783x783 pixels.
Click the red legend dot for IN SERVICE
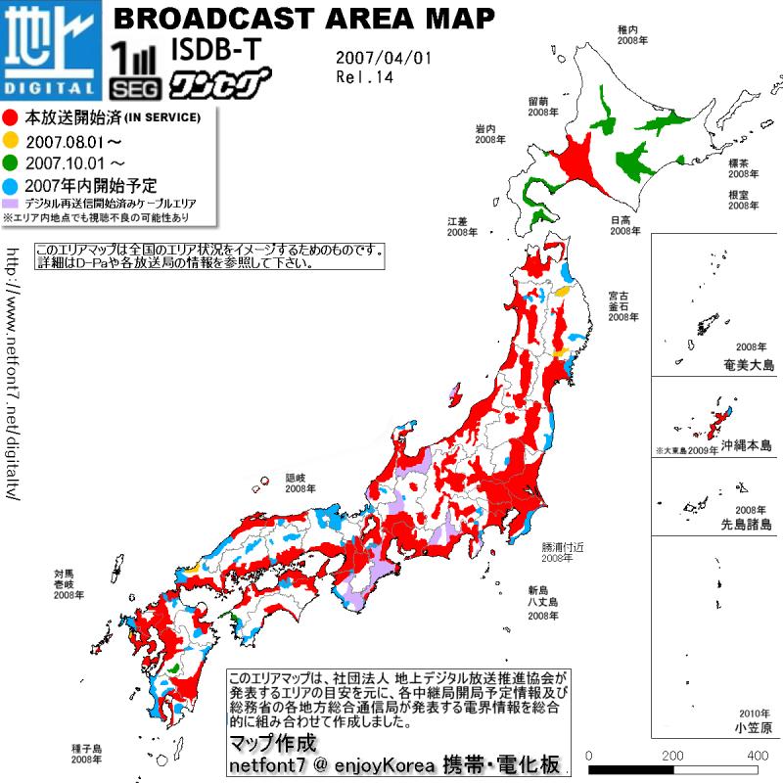click(11, 117)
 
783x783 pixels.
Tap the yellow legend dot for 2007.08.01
click(11, 140)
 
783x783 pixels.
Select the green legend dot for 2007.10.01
click(11, 161)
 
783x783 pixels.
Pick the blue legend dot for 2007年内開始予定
click(11, 183)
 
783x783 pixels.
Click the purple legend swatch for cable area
click(12, 202)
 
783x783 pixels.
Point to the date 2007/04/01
click(383, 58)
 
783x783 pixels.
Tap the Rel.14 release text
click(363, 77)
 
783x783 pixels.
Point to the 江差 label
click(459, 220)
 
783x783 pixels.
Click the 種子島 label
click(86, 748)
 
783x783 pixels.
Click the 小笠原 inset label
click(753, 728)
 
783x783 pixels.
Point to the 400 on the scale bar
click(757, 756)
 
